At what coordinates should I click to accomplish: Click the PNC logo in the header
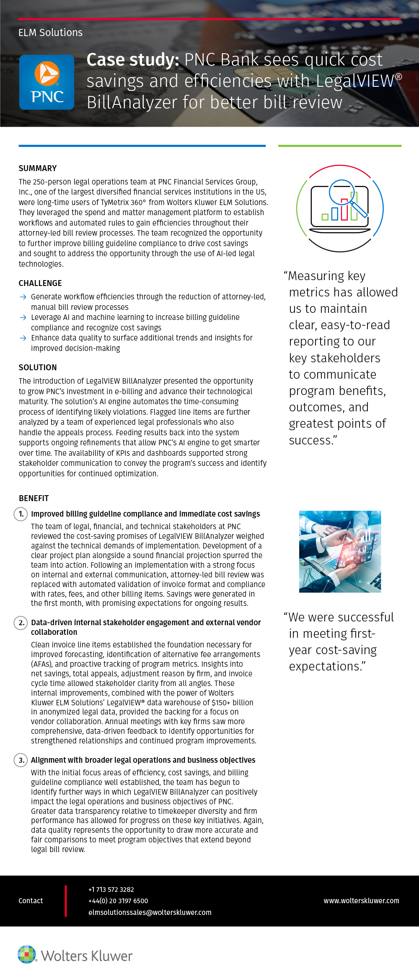pos(47,82)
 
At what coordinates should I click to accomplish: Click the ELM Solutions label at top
pos(50,33)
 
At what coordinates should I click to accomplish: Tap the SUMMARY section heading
pos(38,168)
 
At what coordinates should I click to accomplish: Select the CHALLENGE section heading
pos(40,283)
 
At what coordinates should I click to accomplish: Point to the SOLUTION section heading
pos(38,367)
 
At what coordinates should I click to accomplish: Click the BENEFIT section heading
pos(34,498)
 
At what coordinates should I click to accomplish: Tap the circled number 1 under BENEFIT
pos(21,514)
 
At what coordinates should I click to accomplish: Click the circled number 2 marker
pos(21,623)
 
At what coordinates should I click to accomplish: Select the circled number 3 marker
pos(21,760)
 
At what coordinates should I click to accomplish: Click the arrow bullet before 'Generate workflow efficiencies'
pos(23,297)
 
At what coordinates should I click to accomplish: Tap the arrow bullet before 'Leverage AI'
pos(23,317)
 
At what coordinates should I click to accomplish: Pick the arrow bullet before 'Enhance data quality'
pos(23,338)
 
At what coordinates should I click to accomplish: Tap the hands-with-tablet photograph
pos(340,551)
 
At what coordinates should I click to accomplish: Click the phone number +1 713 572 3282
pos(111,889)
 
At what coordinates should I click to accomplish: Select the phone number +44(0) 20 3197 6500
pos(118,901)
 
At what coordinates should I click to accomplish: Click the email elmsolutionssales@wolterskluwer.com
pos(150,912)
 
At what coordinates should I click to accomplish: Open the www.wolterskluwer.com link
pos(361,901)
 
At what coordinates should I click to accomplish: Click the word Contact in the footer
pos(31,901)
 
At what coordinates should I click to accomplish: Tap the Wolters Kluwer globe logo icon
pos(27,954)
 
